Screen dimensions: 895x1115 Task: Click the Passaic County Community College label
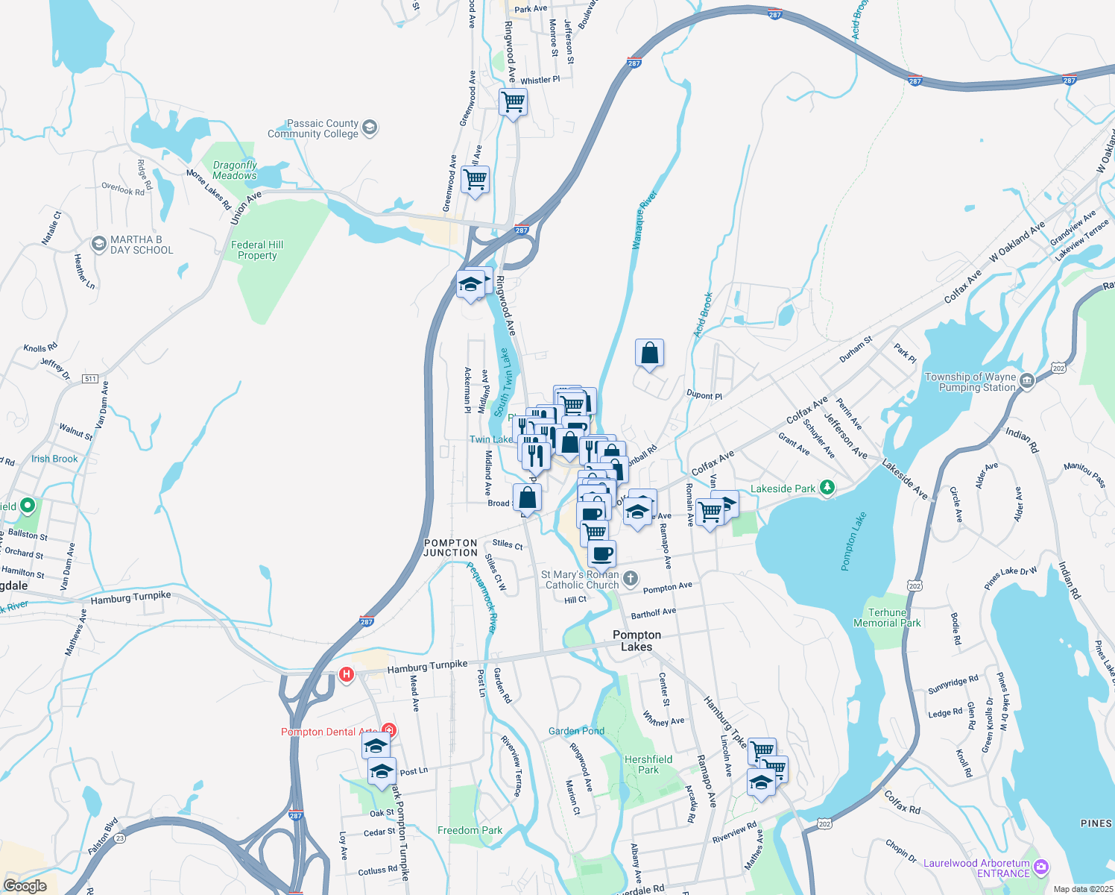[x=313, y=129]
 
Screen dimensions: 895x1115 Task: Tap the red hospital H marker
[x=346, y=675]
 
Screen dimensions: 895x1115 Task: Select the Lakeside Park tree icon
[x=827, y=488]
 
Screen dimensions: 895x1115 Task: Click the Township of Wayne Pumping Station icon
[x=1026, y=381]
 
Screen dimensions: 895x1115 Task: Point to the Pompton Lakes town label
[x=637, y=641]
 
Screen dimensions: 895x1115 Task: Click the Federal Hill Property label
[x=257, y=250]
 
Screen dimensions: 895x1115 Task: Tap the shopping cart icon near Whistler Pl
[x=513, y=101]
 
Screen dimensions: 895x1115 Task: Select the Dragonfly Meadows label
[x=235, y=170]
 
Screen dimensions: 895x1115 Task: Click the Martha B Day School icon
[x=98, y=244]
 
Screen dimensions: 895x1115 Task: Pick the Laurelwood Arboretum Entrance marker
[x=1041, y=867]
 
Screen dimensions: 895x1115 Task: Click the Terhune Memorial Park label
[x=887, y=618]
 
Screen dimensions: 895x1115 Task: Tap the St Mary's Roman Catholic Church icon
[x=631, y=579]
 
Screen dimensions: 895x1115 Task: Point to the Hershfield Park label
[x=648, y=764]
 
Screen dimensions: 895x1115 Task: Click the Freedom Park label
[x=470, y=830]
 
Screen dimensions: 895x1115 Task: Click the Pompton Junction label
[x=450, y=548]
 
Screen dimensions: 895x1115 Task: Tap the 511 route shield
[x=90, y=379]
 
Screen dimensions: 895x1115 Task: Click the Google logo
[x=25, y=886]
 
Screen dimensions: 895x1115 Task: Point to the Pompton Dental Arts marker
[x=388, y=730]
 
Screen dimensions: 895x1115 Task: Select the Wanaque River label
[x=644, y=220]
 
